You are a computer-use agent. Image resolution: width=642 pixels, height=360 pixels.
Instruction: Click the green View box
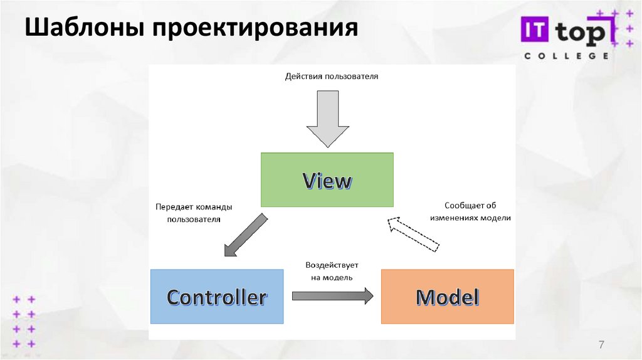[x=327, y=180]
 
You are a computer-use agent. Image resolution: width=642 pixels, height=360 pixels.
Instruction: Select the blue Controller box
[x=216, y=296]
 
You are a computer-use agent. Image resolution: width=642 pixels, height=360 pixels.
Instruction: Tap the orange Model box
[x=447, y=296]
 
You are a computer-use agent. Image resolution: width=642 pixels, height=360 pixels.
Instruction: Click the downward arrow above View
[x=327, y=118]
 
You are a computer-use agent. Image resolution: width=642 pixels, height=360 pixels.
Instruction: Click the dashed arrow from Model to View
[x=413, y=233]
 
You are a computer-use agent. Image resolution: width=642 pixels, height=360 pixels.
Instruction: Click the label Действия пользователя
[x=332, y=77]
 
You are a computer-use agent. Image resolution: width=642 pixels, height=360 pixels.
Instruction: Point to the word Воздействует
[x=332, y=265]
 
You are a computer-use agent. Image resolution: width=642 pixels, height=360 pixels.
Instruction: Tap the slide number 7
[x=602, y=344]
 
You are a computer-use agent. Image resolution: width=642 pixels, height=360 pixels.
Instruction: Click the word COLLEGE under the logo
[x=566, y=55]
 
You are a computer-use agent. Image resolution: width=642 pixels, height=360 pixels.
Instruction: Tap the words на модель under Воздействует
[x=332, y=277]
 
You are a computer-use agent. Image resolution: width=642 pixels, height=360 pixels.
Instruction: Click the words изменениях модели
[x=478, y=218]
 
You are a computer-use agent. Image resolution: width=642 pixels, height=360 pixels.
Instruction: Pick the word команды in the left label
[x=215, y=206]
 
